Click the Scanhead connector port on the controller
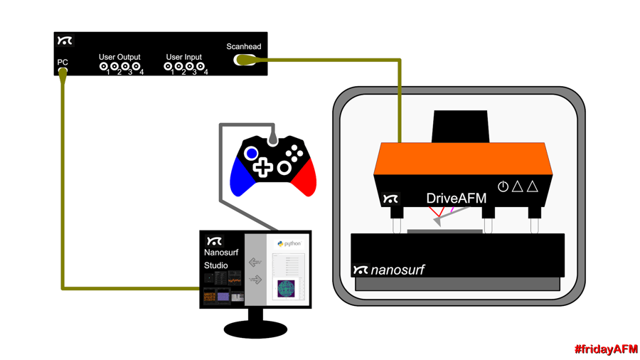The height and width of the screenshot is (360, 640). (243, 60)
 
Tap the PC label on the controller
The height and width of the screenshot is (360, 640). (63, 63)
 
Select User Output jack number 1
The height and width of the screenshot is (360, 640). (104, 67)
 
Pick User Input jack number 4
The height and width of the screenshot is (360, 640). (201, 67)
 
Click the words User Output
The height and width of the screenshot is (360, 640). (119, 57)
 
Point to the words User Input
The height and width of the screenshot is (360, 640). (184, 57)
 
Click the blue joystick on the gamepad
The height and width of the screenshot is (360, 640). (252, 153)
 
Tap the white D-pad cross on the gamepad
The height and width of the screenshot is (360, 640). (263, 168)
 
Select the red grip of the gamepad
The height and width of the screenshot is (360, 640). (304, 177)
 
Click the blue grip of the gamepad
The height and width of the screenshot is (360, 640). (240, 177)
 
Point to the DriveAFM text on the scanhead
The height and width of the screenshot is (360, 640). (456, 198)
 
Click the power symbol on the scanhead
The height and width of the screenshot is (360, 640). (503, 187)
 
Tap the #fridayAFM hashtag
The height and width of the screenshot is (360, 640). (606, 349)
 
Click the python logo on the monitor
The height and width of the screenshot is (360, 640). (280, 244)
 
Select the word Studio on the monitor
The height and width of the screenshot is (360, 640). (216, 265)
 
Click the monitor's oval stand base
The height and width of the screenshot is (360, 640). (255, 329)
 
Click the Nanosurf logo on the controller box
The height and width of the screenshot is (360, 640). (65, 41)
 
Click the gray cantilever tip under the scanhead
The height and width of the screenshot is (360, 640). (437, 223)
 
